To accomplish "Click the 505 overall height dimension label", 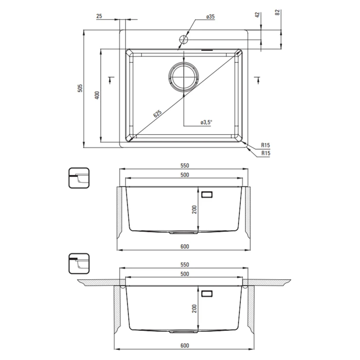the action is pyautogui.click(x=80, y=88).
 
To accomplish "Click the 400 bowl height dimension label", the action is pyautogui.click(x=97, y=95).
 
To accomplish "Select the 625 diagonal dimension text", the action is pyautogui.click(x=158, y=114).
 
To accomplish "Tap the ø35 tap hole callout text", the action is pyautogui.click(x=210, y=17).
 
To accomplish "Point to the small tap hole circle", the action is pyautogui.click(x=184, y=39).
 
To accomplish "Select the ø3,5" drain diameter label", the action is pyautogui.click(x=206, y=123).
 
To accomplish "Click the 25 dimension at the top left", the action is pyautogui.click(x=99, y=16).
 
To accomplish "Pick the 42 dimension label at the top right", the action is pyautogui.click(x=257, y=15).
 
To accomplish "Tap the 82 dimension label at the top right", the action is pyautogui.click(x=278, y=12).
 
